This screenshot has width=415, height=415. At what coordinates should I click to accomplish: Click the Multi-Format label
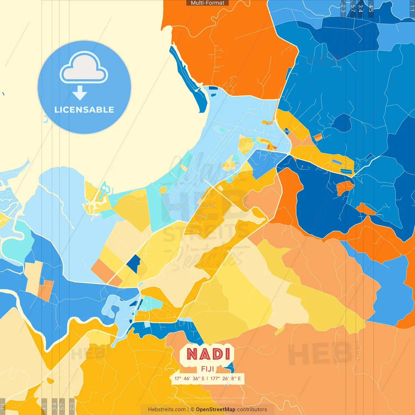pos(207,3)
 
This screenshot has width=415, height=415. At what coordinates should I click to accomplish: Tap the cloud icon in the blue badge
pos(84,69)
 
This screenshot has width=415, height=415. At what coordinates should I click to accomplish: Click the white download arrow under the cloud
pos(80,93)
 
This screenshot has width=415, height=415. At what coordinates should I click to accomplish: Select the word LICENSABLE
pos(84,110)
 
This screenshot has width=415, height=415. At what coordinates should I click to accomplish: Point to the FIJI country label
pos(207,369)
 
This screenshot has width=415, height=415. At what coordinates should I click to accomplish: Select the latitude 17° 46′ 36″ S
pos(189,378)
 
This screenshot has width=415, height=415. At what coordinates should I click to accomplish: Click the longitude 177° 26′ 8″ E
pos(226,378)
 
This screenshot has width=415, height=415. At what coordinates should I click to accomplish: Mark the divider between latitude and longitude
pos(207,378)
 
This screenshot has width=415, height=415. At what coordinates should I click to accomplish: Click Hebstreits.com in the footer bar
pos(167,409)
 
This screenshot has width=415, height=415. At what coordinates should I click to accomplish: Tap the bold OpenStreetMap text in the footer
pos(216,409)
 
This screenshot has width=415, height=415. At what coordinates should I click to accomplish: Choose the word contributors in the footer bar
pos(252,409)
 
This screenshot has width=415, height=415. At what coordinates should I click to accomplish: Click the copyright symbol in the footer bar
pos(192,409)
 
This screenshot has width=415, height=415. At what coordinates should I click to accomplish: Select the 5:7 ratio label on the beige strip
pos(63,406)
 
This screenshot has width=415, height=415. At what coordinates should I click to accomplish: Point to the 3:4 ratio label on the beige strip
pos(54,406)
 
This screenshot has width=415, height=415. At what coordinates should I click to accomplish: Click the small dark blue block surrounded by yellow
pos(134,264)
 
